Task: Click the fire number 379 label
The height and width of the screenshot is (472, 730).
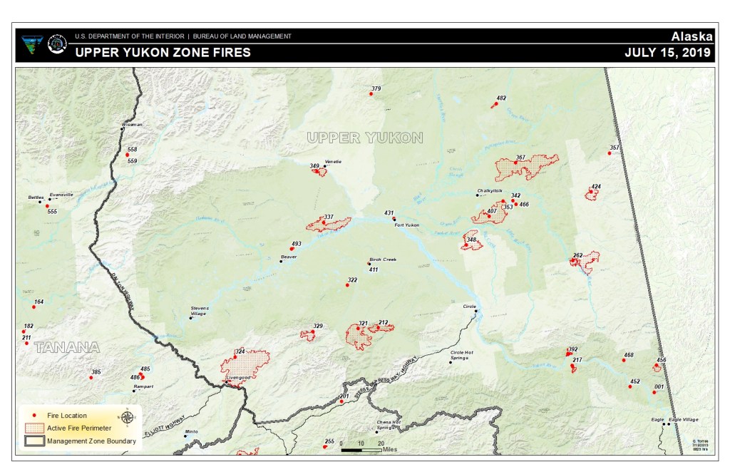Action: [x=376, y=89]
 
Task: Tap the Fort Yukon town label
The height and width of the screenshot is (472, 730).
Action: [x=407, y=225]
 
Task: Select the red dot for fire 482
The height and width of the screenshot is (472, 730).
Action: [x=494, y=106]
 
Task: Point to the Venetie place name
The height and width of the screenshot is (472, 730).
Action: [x=333, y=162]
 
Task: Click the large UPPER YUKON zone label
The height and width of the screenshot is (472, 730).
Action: [x=365, y=138]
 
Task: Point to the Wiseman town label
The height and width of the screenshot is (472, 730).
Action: [x=132, y=124]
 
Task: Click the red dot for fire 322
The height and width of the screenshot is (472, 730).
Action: [x=347, y=285]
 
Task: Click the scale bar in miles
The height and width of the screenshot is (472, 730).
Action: [x=361, y=450]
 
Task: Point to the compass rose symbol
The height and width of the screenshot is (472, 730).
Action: [x=126, y=417]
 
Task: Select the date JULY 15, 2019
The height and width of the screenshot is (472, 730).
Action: [x=668, y=53]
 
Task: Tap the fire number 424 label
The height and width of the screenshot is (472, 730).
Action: [x=596, y=187]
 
